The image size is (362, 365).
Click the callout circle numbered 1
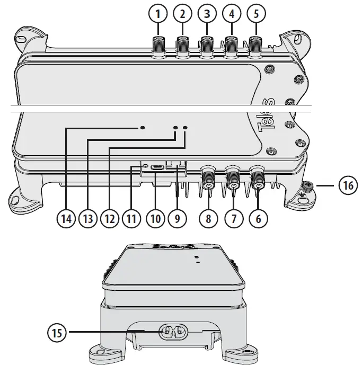[x=157, y=14]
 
